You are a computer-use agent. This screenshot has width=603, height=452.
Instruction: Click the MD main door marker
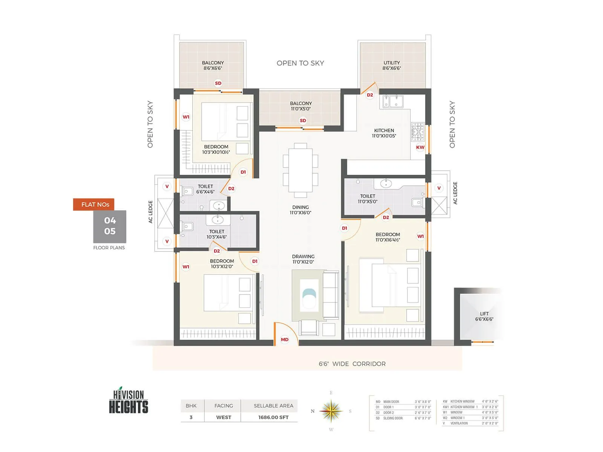point(285,339)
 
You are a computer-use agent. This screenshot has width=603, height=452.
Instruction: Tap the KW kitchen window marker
point(420,147)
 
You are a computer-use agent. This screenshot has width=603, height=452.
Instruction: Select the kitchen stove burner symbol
point(418,132)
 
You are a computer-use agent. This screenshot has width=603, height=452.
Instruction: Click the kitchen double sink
point(393,101)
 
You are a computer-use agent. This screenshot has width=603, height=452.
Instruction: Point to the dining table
point(300,170)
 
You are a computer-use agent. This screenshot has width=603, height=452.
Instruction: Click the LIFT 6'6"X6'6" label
point(484,316)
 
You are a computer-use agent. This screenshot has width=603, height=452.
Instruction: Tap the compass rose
point(331,411)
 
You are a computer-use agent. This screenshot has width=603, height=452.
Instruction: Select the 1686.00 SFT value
point(273,417)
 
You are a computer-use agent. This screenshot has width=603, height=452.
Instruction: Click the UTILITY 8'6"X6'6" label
point(392,66)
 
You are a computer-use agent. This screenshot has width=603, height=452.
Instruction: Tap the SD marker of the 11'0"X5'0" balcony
point(303,121)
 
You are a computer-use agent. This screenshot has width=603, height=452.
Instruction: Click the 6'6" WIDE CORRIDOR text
point(352,364)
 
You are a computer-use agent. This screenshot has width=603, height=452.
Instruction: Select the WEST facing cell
point(223,417)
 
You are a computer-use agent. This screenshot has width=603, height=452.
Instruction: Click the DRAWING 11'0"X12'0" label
point(303,259)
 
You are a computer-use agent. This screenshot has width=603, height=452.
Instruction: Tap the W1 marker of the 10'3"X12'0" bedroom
point(186,267)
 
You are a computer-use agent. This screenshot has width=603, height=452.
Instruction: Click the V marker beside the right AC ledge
point(439,188)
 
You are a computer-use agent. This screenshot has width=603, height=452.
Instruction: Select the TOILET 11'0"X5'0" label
point(367,199)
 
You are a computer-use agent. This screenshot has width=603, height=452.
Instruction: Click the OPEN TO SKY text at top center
point(300,63)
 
